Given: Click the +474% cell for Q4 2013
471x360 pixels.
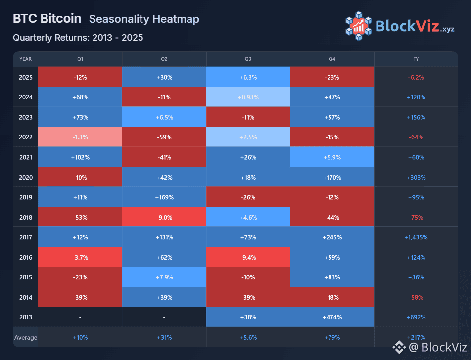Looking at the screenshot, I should tap(332, 317).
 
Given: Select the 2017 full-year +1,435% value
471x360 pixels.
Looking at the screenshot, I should tap(416, 237).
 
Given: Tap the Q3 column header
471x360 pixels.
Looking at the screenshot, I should tap(248, 59).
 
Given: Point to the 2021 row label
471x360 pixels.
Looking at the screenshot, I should tap(25, 157).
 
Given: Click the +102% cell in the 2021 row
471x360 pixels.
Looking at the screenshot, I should tap(80, 157).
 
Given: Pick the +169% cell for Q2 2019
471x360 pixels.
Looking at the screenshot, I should tap(164, 197).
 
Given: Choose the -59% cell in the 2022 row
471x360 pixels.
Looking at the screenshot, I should tap(164, 137).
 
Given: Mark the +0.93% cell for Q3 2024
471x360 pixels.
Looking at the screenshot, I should tap(248, 97).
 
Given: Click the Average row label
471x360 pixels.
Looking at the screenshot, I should tap(25, 338).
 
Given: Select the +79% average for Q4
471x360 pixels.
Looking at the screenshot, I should tap(332, 338).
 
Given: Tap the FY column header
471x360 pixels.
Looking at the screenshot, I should tap(416, 59).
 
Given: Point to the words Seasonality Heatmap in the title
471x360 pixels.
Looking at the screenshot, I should tap(144, 19).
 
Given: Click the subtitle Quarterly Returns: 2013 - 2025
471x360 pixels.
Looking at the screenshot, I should tap(78, 38).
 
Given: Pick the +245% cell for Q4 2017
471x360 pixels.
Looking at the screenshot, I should tap(332, 237).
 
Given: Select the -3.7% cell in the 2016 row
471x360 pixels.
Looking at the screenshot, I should tap(80, 258).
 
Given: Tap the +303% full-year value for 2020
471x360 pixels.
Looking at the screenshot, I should tap(416, 177).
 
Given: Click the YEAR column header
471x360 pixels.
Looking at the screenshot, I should tap(25, 59).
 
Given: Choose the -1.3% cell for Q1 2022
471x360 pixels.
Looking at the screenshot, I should tap(80, 137).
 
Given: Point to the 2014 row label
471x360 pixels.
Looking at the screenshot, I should tap(25, 298).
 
